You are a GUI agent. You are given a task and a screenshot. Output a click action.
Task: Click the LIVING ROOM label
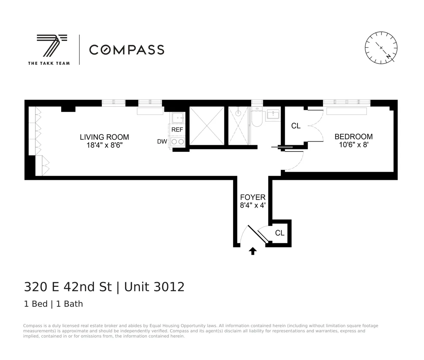pos(104,137)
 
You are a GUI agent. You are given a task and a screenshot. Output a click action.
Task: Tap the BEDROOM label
pos(353,137)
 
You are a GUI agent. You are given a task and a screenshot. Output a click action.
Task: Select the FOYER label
pos(253,197)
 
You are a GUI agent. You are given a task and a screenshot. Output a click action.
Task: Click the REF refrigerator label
pos(177,130)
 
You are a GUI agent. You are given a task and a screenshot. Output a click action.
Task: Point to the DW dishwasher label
pos(162,142)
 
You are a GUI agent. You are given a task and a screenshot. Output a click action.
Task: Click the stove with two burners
pos(177,142)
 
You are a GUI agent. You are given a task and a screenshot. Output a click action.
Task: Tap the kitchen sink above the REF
pos(177,117)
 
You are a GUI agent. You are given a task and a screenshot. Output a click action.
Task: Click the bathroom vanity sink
pos(273,114)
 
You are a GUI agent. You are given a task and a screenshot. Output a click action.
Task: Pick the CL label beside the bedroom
pos(296,126)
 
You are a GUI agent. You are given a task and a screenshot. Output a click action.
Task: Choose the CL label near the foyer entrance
pos(280,233)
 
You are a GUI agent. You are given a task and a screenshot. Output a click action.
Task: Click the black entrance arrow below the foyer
pos(253,251)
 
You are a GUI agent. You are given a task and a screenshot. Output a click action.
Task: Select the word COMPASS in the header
pos(126,50)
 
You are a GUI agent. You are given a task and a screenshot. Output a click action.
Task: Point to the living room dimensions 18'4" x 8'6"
pos(104,145)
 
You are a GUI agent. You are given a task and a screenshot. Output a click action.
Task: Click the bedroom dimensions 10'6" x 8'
pos(353,145)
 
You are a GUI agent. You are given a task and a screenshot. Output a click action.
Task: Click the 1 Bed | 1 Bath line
pos(53,304)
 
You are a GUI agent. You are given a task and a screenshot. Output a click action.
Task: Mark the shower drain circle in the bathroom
pos(238,113)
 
